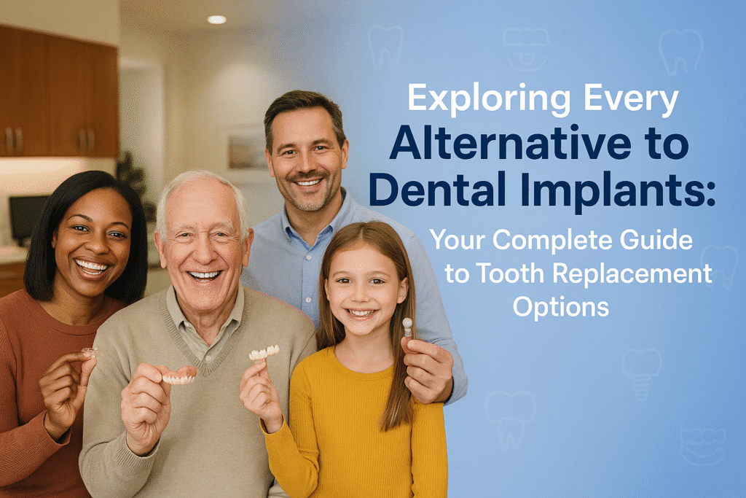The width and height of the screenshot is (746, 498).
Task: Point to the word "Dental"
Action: click(x=437, y=189)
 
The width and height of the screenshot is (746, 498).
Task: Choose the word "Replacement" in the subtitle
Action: click(x=632, y=273)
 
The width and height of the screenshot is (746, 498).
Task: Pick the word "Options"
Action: click(x=561, y=308)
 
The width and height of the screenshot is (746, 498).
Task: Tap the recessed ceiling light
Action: click(x=216, y=20)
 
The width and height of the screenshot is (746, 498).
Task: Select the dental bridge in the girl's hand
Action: click(x=264, y=353)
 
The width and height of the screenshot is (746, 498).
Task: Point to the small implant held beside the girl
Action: click(x=407, y=327)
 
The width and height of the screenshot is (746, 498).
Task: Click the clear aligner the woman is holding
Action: click(x=90, y=353)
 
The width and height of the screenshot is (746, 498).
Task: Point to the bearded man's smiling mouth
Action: click(x=309, y=182)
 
